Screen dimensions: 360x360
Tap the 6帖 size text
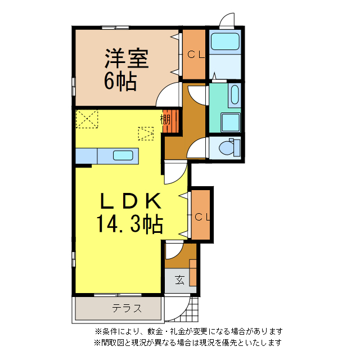pyautogui.click(x=120, y=82)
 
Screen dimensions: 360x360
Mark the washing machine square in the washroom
pyautogui.click(x=230, y=121)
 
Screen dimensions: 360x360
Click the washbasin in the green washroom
pyautogui.click(x=235, y=95)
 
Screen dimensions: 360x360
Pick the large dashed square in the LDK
pyautogui.click(x=87, y=119)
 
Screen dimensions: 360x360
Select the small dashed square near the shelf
pyautogui.click(x=146, y=133)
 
